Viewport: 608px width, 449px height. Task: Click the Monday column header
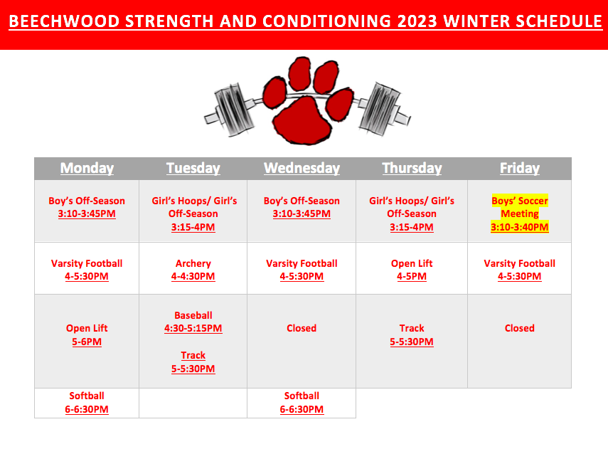87,168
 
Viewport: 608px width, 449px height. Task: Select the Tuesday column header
193,168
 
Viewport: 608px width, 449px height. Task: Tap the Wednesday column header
302,168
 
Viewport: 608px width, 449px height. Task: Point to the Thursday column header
412,168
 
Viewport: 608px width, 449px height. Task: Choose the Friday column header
520,168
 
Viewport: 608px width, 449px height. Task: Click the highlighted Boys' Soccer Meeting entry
520,213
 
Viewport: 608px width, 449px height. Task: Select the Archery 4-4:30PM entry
193,270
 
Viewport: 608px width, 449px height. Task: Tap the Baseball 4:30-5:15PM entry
193,322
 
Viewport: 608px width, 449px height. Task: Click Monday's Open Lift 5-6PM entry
87,334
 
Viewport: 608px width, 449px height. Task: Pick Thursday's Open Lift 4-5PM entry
412,270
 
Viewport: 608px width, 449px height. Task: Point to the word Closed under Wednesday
302,328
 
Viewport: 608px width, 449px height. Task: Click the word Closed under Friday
520,328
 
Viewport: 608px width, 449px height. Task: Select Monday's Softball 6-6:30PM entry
87,403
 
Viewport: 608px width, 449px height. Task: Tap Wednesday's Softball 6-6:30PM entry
302,403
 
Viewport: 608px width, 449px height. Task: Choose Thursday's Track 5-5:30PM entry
412,334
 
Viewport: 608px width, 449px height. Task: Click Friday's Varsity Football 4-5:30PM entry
520,270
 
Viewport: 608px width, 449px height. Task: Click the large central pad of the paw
302,122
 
